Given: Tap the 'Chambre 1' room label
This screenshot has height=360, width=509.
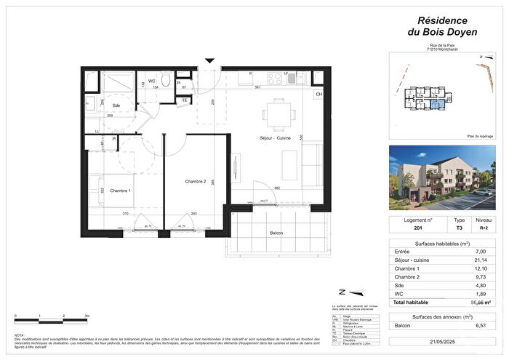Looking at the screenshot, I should [x=119, y=191].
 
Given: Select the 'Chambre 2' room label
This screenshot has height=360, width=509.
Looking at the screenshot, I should [x=196, y=181].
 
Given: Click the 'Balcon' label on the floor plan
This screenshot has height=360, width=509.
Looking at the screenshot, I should [x=276, y=233].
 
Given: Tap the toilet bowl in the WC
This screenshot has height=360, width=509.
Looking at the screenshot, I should [x=166, y=81].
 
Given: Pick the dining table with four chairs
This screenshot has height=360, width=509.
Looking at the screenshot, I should [x=278, y=113].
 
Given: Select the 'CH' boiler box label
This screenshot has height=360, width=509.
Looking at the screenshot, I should [x=318, y=95].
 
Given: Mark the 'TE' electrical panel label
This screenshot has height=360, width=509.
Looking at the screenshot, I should [x=185, y=100].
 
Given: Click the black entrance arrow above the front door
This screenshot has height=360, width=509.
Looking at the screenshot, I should [x=210, y=60].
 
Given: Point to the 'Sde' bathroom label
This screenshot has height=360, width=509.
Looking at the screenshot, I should [x=116, y=105].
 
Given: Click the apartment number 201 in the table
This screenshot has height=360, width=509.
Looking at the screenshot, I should [x=408, y=228].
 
